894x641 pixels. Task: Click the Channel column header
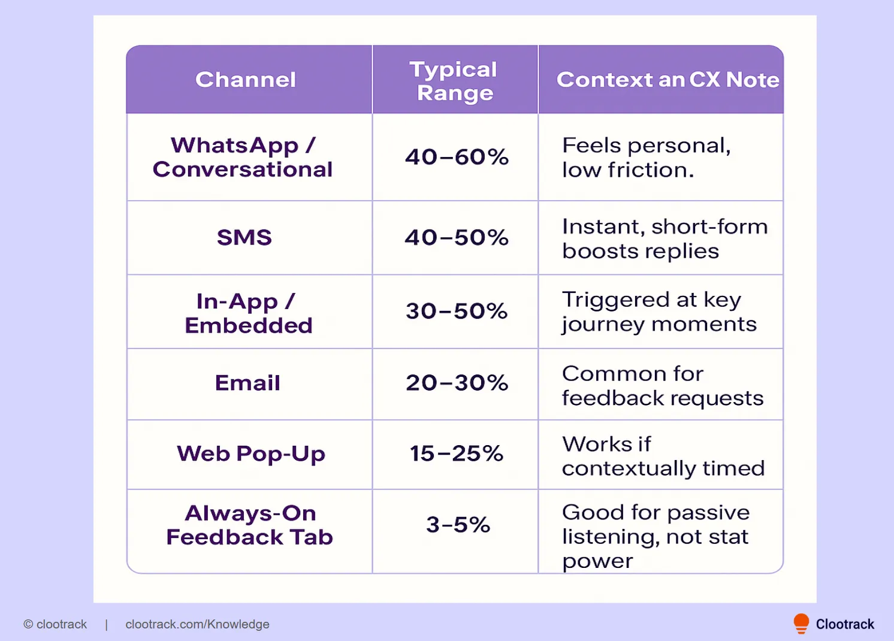[246, 80]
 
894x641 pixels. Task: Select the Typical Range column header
[454, 81]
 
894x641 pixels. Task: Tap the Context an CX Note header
[668, 80]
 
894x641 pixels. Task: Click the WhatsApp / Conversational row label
[243, 158]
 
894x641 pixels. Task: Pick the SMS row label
[244, 238]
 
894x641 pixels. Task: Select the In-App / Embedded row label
[248, 313]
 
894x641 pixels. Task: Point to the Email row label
[247, 383]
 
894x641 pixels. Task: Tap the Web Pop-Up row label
[251, 454]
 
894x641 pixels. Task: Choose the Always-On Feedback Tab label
[249, 525]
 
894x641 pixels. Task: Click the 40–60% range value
[457, 158]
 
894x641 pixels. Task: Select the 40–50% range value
[457, 238]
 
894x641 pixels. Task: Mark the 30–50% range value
[457, 312]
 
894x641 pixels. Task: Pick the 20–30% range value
[457, 383]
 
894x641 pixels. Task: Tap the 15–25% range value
[457, 454]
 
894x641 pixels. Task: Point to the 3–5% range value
[458, 525]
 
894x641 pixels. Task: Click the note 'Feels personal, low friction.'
[646, 158]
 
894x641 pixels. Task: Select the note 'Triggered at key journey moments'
[659, 312]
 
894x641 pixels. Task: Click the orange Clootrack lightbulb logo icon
[801, 624]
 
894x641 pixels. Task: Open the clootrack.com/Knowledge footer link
[197, 624]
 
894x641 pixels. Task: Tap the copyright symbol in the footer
[28, 624]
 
